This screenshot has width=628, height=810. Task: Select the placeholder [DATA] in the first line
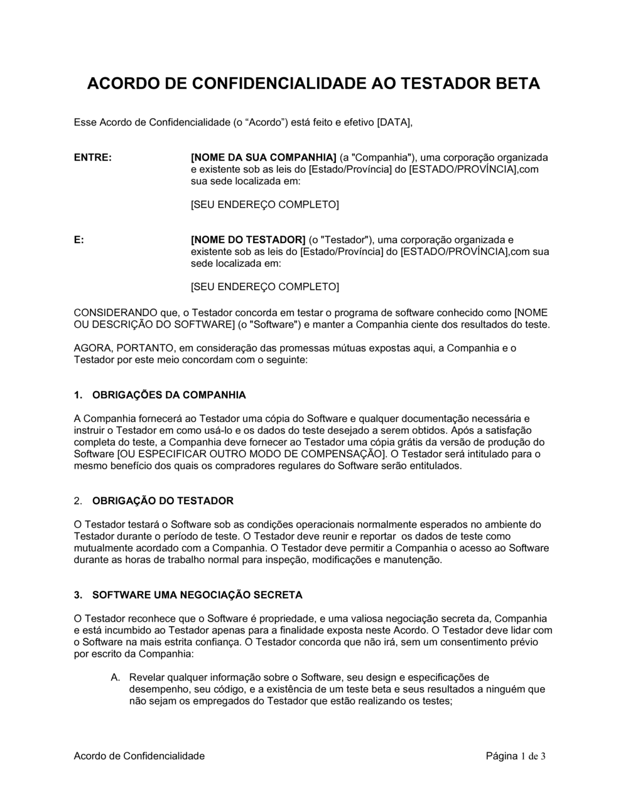coord(394,122)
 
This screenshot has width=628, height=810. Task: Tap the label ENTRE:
coord(93,157)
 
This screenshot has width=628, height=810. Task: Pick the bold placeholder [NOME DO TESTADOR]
coord(248,240)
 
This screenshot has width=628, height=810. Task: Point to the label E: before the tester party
coord(79,240)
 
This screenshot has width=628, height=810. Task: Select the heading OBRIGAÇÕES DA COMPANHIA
coord(169,395)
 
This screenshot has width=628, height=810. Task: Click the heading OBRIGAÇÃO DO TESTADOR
coord(163,501)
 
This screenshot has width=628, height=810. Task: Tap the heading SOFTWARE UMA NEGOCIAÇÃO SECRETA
coord(197,595)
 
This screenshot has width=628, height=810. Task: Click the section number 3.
coord(78,595)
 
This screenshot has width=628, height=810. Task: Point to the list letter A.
coord(115,678)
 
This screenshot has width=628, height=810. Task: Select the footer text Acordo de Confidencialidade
coord(139,756)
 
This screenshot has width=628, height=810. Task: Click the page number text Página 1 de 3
coord(516,756)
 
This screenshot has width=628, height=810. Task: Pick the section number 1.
coord(78,395)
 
